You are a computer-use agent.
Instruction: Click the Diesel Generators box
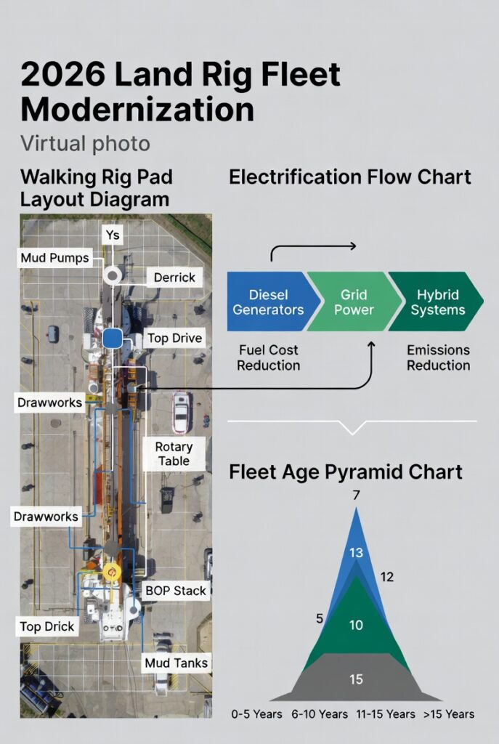(267, 302)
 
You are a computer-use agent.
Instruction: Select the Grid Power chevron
(354, 302)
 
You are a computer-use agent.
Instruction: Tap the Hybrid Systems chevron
(440, 302)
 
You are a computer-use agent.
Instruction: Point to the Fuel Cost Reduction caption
(268, 357)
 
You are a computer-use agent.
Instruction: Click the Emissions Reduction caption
(438, 357)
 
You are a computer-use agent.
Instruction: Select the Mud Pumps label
(54, 258)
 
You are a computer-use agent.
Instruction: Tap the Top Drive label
(174, 338)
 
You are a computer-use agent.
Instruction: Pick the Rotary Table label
(174, 453)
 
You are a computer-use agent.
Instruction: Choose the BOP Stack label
(176, 590)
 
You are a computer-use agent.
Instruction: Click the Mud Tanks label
(176, 663)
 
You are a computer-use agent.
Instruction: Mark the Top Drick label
(46, 626)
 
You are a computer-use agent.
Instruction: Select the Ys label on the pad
(113, 235)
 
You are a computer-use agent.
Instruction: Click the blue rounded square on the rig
(113, 338)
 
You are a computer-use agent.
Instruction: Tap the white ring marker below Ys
(113, 275)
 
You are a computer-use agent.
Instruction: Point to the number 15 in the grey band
(356, 679)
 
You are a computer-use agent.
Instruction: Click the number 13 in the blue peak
(356, 553)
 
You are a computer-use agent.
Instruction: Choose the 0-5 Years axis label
(257, 714)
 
